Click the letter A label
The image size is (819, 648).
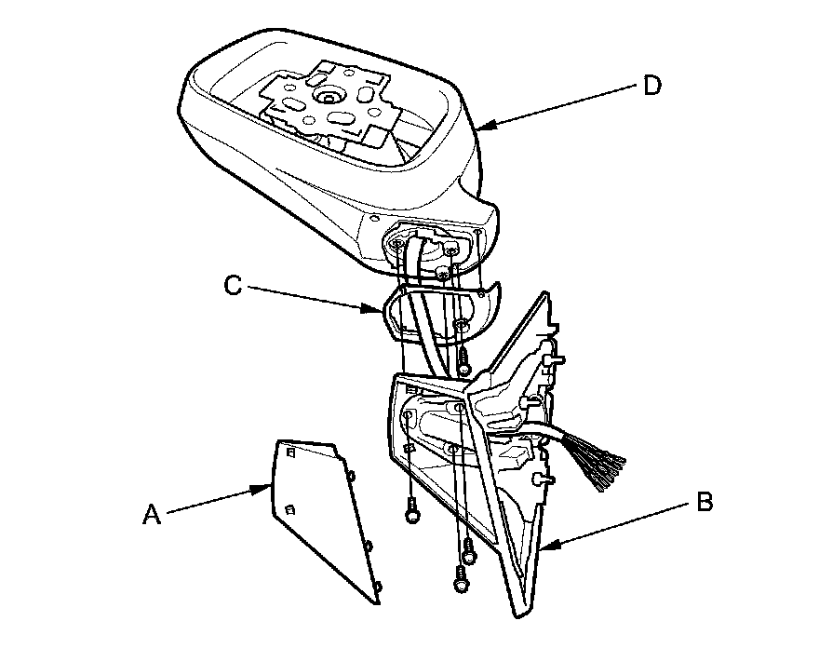click(153, 513)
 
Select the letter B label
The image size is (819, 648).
click(705, 504)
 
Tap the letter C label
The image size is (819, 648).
click(234, 286)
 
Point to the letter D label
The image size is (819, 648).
click(652, 86)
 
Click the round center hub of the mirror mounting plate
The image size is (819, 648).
click(329, 98)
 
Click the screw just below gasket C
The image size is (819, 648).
click(463, 354)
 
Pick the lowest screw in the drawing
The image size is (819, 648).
click(459, 580)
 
